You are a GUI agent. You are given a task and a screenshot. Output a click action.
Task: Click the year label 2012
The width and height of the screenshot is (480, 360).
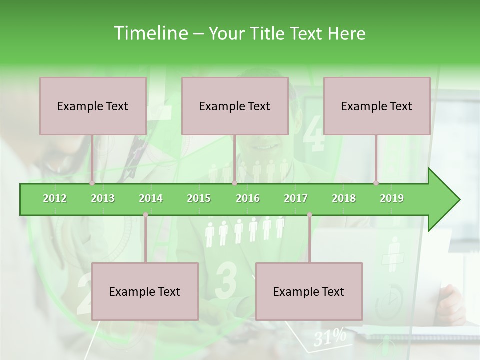pyautogui.click(x=55, y=198)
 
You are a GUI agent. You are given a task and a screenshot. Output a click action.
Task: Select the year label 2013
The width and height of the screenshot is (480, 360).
pyautogui.click(x=103, y=198)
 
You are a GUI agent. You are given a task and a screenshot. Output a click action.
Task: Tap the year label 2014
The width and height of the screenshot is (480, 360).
pyautogui.click(x=151, y=198)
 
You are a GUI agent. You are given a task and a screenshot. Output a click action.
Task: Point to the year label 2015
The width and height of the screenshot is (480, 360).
pyautogui.click(x=199, y=198)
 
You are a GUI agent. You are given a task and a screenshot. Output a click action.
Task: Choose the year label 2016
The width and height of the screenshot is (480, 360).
pyautogui.click(x=248, y=198)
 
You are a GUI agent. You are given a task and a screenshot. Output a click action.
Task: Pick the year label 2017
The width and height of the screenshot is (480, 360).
pyautogui.click(x=296, y=198)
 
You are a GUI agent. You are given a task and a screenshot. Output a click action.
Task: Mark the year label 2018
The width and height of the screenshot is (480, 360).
pyautogui.click(x=344, y=198)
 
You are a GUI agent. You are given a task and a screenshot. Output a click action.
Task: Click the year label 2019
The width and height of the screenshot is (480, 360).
pyautogui.click(x=392, y=198)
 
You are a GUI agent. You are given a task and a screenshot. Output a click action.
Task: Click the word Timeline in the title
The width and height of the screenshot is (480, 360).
pyautogui.click(x=150, y=33)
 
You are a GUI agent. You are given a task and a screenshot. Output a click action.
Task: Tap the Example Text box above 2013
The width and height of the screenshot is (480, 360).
pyautogui.click(x=93, y=106)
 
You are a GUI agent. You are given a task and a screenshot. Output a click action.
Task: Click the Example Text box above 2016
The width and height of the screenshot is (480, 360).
pyautogui.click(x=235, y=106)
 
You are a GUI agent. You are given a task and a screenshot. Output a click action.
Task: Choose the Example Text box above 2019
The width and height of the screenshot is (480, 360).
pyautogui.click(x=377, y=106)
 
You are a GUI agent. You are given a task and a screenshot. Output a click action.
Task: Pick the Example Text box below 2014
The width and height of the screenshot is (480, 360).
pyautogui.click(x=145, y=291)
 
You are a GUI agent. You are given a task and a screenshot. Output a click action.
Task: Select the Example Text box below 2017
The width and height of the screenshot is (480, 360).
pyautogui.click(x=309, y=291)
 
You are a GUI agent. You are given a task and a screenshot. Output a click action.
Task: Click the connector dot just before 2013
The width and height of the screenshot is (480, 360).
pyautogui.click(x=92, y=183)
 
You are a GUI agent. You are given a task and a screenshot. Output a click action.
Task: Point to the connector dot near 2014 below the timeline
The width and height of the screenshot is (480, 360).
pyautogui.click(x=145, y=215)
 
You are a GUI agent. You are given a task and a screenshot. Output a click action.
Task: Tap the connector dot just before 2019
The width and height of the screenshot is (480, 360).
pyautogui.click(x=376, y=183)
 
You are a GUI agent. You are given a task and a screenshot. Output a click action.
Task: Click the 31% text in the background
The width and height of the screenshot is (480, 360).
pyautogui.click(x=330, y=338)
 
